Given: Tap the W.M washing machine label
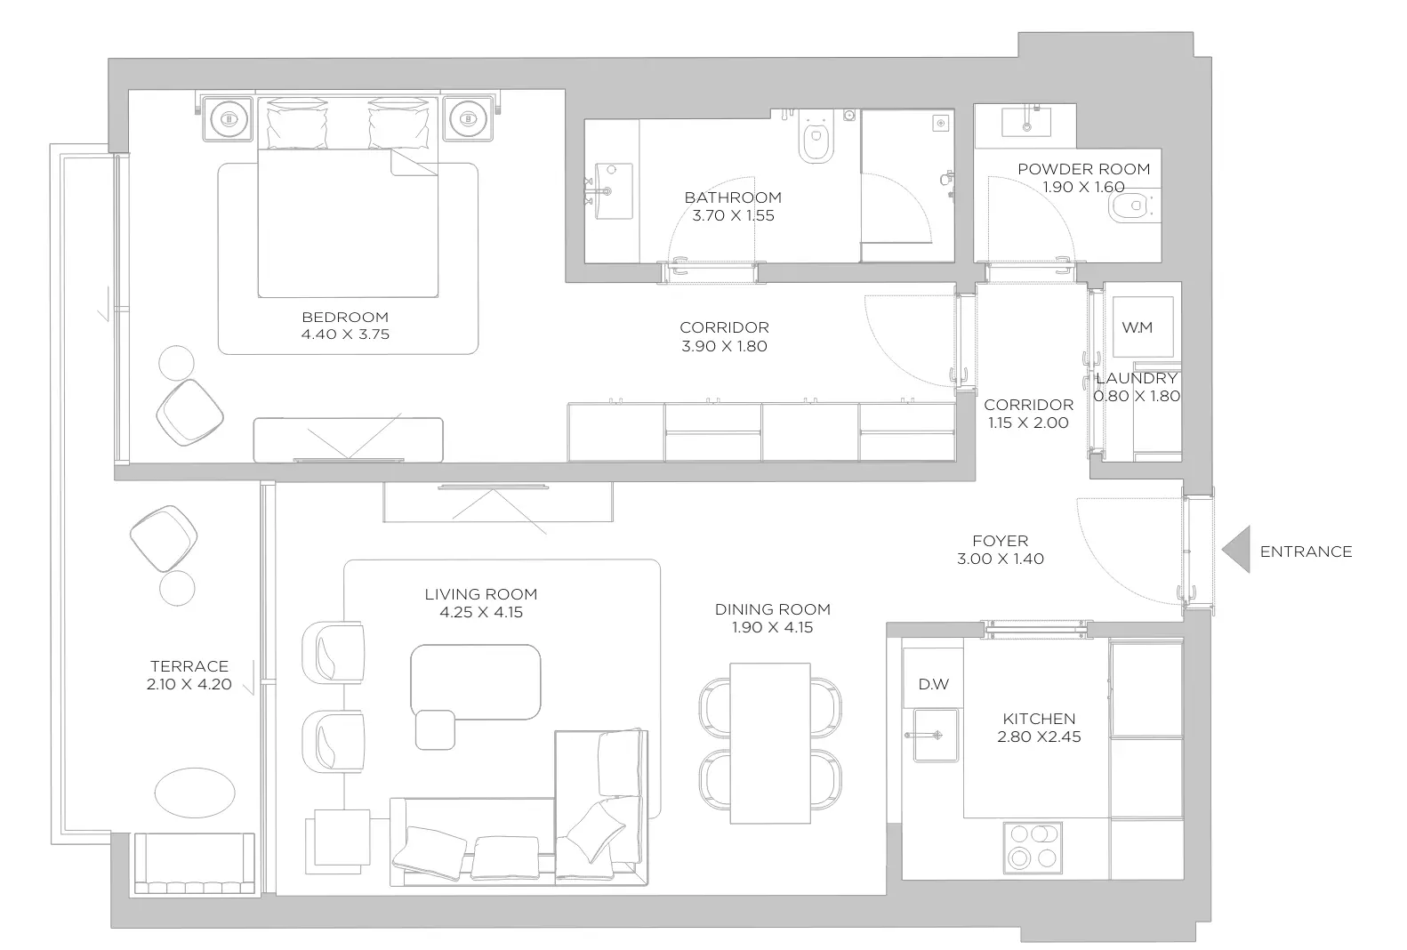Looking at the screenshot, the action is click(1137, 327).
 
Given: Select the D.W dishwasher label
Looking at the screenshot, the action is click(933, 684).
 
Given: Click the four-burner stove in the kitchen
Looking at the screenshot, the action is click(1033, 848).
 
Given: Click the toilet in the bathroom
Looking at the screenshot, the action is click(816, 137).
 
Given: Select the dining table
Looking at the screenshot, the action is click(770, 744).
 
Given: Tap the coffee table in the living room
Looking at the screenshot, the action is click(476, 681).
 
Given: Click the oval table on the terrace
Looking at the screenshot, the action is click(195, 793).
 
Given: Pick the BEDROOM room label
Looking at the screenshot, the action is click(345, 318).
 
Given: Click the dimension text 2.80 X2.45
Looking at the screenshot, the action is click(1039, 737).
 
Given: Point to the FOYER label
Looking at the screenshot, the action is click(1000, 540).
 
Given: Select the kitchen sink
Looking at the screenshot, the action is click(936, 735).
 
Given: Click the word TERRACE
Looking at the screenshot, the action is click(189, 666).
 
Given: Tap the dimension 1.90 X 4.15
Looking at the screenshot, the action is click(773, 627).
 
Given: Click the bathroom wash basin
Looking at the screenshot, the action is click(613, 191).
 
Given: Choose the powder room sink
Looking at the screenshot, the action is click(1026, 121).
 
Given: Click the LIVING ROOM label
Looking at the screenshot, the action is click(480, 594).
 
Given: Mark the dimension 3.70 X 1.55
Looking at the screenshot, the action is click(733, 215).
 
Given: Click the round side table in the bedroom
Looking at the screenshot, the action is click(176, 363).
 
